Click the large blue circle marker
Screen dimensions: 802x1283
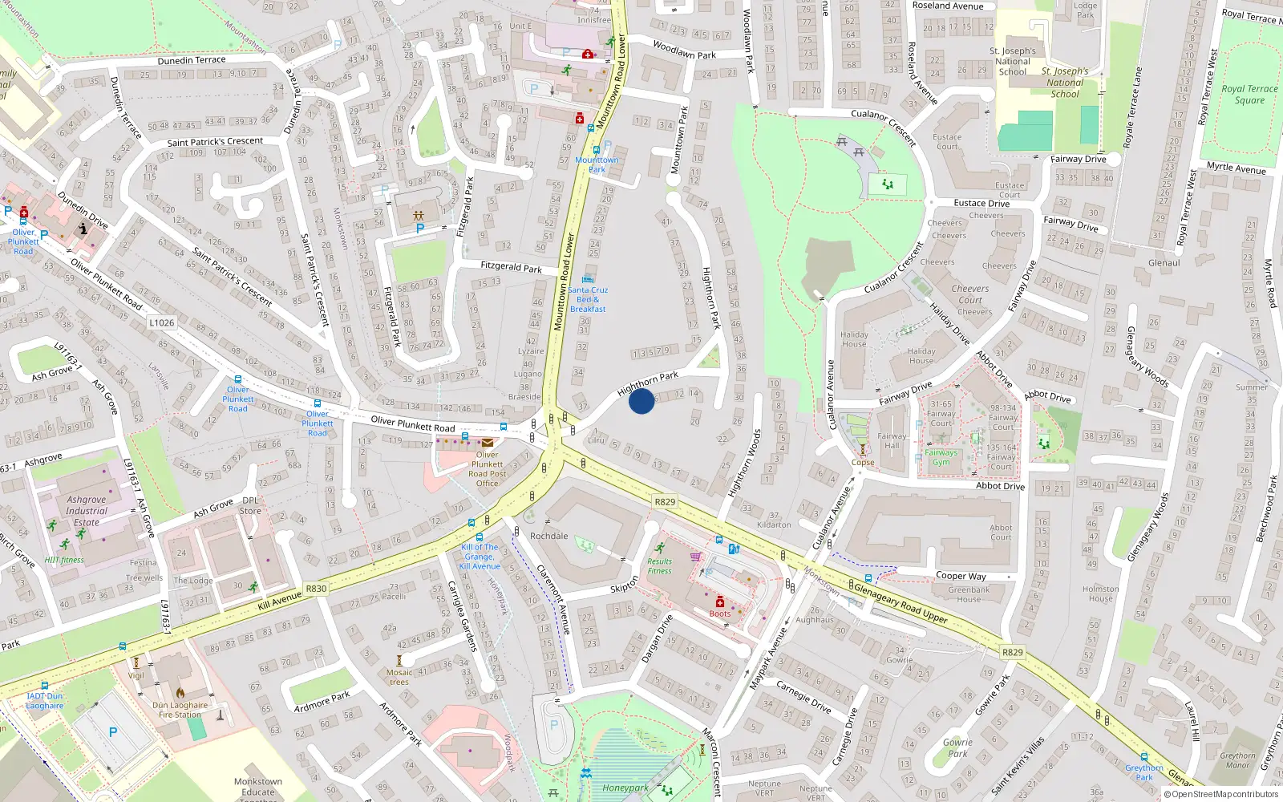tap(641, 401)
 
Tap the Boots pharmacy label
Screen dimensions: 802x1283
tap(720, 614)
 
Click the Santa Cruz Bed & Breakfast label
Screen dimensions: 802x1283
tap(589, 299)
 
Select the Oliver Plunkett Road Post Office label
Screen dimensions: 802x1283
tap(488, 469)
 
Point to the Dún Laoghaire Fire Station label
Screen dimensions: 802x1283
tap(180, 710)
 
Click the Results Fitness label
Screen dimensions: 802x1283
tap(659, 566)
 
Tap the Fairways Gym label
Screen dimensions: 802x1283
tap(941, 457)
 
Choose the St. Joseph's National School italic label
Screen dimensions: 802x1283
tap(1065, 83)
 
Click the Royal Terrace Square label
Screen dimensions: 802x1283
tap(1249, 95)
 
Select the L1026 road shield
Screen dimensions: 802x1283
tap(161, 322)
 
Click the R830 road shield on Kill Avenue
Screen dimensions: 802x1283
tap(316, 589)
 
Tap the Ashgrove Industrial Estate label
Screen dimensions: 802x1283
tap(87, 511)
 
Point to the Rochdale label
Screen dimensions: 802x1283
tap(549, 536)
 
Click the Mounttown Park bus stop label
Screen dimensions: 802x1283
tap(597, 164)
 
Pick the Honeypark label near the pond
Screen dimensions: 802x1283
tap(625, 788)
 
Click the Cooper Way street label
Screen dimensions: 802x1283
tap(961, 576)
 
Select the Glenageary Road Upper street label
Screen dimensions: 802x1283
tap(900, 603)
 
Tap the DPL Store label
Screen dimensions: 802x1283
tap(250, 505)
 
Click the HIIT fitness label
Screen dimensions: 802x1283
tap(64, 561)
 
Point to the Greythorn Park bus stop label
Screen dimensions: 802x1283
tap(1143, 772)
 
